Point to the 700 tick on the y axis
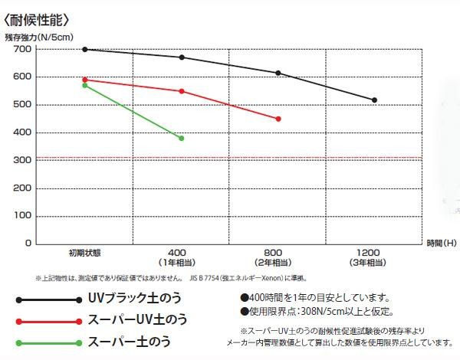[x=22, y=49]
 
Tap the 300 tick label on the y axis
[x=22, y=160]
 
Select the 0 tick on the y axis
[x=27, y=243]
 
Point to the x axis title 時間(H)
[x=442, y=243]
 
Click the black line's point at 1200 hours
[x=374, y=100]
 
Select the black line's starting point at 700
[x=84, y=49]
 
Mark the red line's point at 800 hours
[x=278, y=119]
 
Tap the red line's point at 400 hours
[x=182, y=91]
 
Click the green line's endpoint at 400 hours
[x=182, y=138]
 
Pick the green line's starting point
[x=84, y=85]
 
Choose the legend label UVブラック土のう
[x=133, y=299]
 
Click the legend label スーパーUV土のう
[x=136, y=319]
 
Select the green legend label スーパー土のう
[x=130, y=342]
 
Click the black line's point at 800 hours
[x=278, y=73]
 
